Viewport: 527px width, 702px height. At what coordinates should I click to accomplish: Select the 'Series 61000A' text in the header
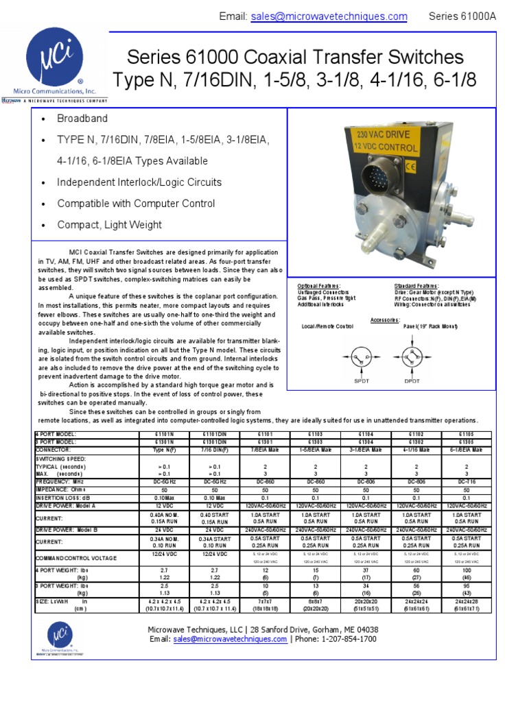tap(462, 16)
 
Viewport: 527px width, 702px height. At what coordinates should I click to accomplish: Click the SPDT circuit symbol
tap(361, 358)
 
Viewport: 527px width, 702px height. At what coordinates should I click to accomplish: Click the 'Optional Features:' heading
tap(318, 285)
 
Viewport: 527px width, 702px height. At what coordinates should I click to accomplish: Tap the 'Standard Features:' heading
tap(417, 285)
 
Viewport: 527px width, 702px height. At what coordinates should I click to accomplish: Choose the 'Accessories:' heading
tap(385, 319)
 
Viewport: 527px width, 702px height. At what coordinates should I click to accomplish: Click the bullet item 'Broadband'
tap(82, 119)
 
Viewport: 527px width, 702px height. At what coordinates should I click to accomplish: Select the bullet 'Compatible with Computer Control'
tap(136, 204)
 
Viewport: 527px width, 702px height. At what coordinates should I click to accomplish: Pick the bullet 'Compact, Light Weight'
tap(110, 225)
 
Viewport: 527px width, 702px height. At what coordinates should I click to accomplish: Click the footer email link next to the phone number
tap(230, 639)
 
